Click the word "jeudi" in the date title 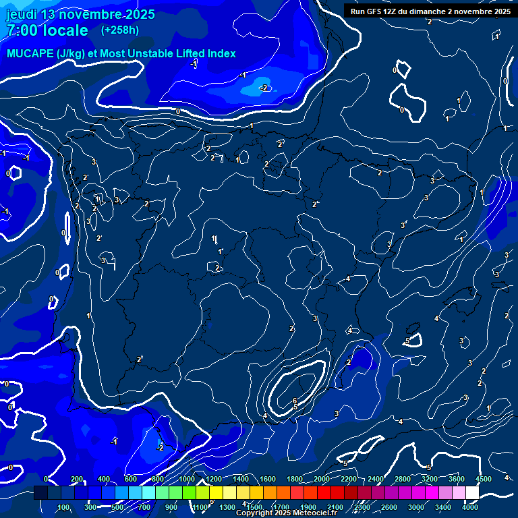tap(22, 14)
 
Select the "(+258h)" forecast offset tap(120, 30)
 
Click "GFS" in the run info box tap(382, 11)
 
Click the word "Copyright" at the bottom tap(256, 513)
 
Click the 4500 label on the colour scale tap(483, 479)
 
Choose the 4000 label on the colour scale tap(470, 507)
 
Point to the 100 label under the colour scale tap(64, 507)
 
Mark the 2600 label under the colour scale tap(389, 507)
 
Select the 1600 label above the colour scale tap(267, 479)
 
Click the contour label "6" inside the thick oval tap(295, 401)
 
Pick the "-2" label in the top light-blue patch tap(264, 88)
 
